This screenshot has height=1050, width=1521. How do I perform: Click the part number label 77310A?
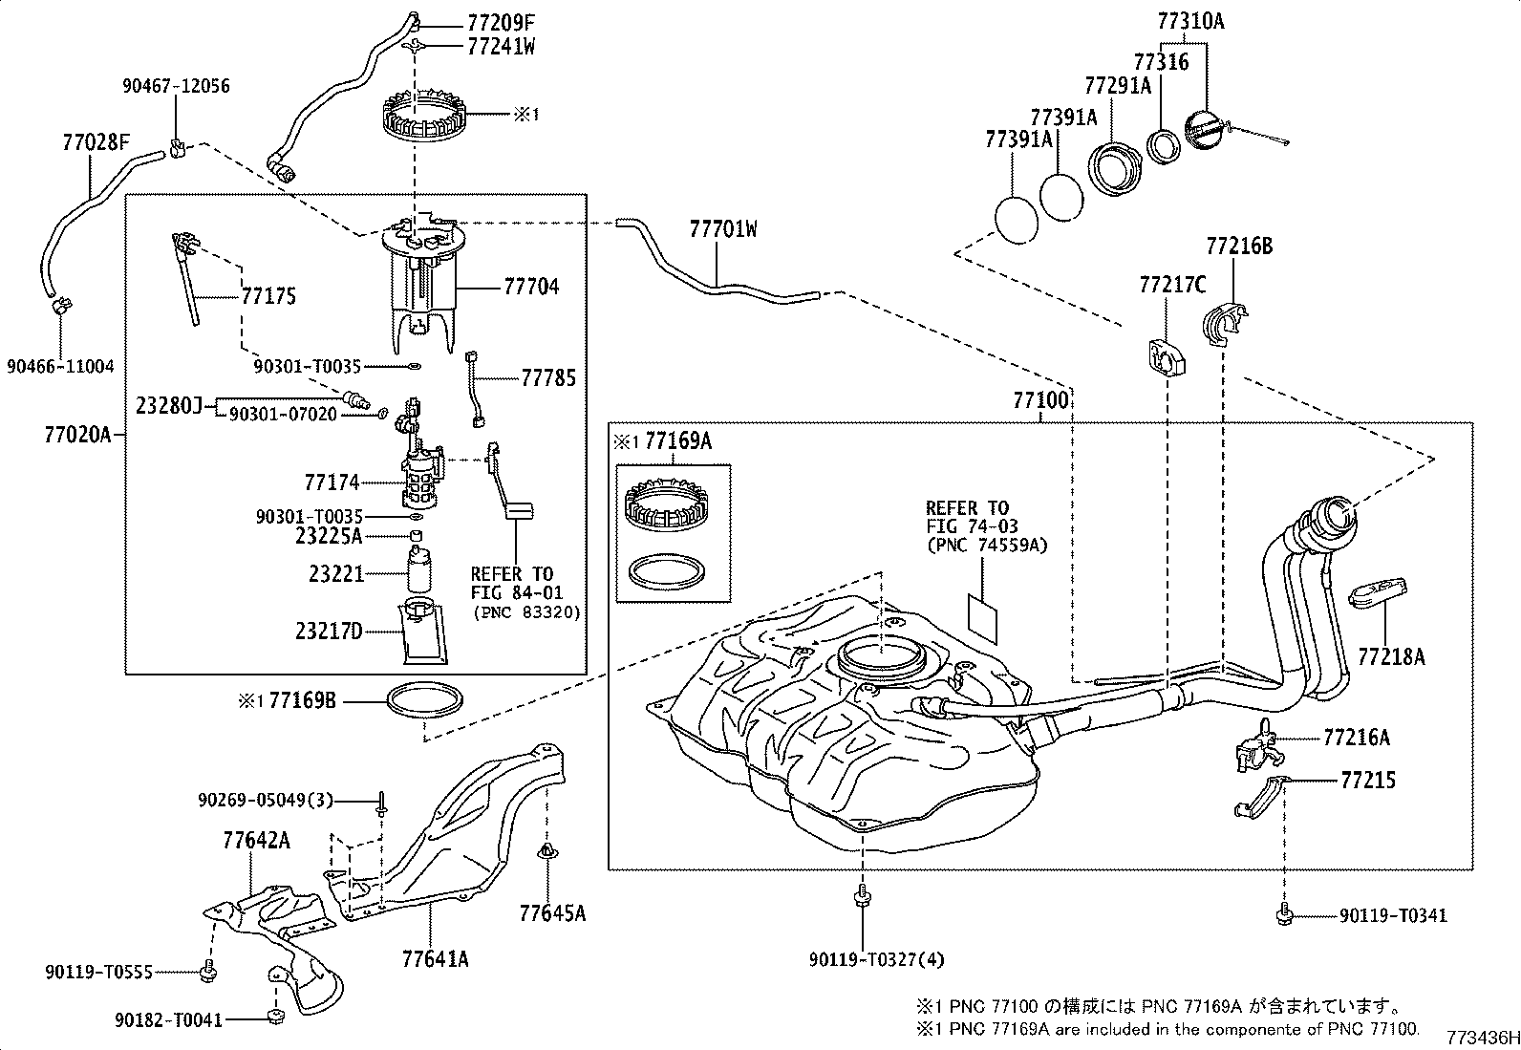coord(1189,19)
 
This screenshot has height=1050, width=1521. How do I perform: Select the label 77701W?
coord(722,229)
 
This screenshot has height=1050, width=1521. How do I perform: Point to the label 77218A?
coord(1391,656)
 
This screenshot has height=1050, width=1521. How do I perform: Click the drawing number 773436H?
coord(1481,1038)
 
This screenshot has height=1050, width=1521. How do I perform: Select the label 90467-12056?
coord(176,86)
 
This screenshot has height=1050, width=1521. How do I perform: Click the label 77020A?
coord(77,436)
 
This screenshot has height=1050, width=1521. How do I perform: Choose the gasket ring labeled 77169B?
coord(424,700)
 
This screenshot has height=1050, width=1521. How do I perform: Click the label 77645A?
coord(551,912)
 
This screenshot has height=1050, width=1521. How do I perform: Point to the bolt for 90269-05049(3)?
coord(380,804)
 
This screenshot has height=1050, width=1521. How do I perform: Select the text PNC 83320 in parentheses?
coord(526,612)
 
